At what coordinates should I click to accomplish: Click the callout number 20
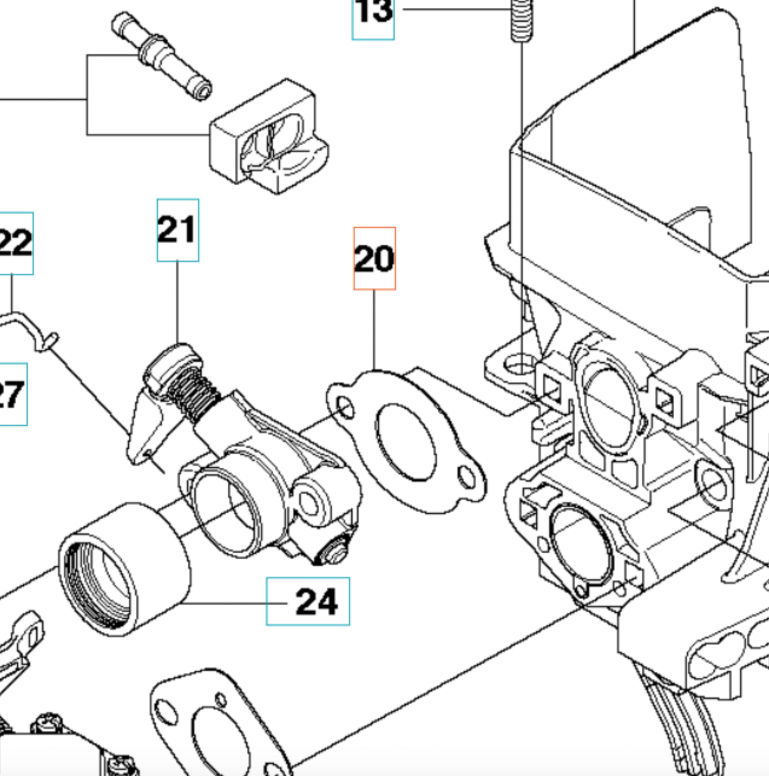[374, 258]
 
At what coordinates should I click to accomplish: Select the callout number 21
[177, 230]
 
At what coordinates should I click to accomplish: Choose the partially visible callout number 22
[16, 243]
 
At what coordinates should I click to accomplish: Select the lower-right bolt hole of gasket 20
[467, 477]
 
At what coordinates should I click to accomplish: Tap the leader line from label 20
[374, 329]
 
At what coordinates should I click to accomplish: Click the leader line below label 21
[177, 302]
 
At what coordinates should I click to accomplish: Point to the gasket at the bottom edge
[217, 724]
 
